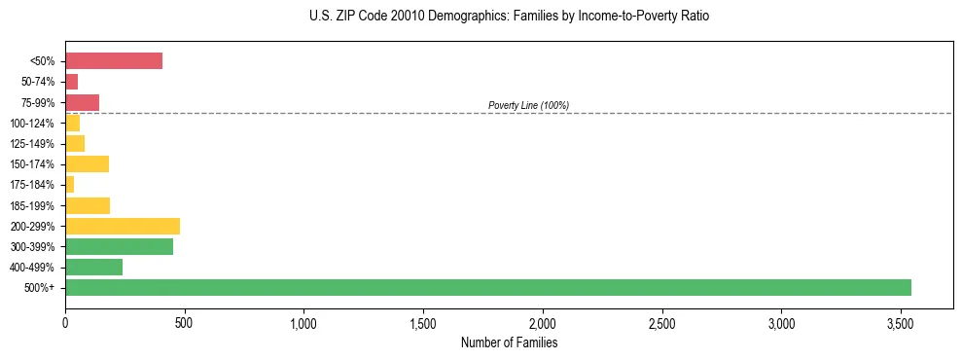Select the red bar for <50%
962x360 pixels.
coord(114,61)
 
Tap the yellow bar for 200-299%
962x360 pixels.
coord(123,226)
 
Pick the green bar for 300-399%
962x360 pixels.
coord(119,246)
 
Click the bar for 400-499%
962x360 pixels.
coord(93,267)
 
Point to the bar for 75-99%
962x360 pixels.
coord(82,102)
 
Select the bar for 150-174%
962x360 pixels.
coord(87,163)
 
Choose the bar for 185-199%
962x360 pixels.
coord(88,205)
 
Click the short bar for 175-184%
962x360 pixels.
coord(69,185)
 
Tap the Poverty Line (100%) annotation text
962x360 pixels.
coord(528,105)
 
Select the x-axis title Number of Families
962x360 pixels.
coord(509,342)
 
